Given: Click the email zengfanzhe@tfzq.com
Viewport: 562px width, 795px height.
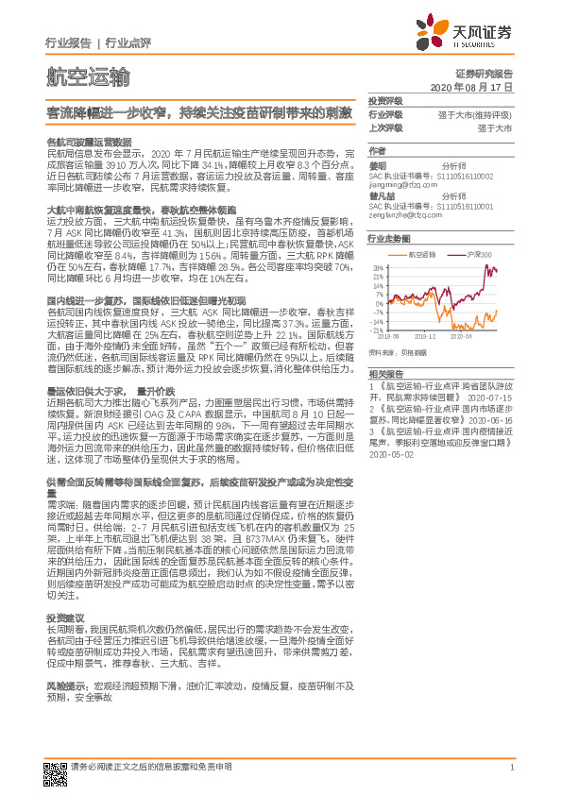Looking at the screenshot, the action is pyautogui.click(x=405, y=217).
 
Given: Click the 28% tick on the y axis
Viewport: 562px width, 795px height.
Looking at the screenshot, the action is pyautogui.click(x=376, y=268).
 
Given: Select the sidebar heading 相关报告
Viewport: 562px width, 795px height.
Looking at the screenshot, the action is pyautogui.click(x=383, y=347).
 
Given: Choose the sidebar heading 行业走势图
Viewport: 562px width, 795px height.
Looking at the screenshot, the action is pyautogui.click(x=388, y=239).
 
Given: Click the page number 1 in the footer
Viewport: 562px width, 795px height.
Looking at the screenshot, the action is pyautogui.click(x=510, y=768).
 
